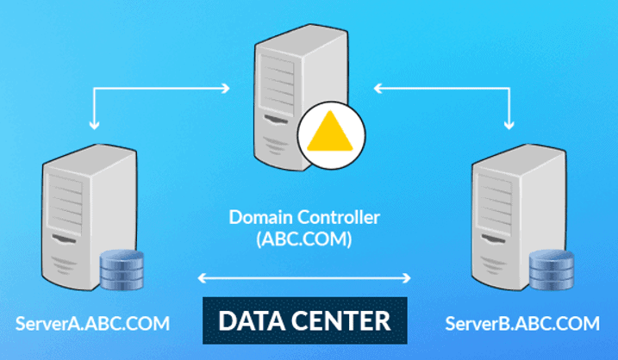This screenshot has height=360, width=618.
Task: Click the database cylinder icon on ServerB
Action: pos(552,273)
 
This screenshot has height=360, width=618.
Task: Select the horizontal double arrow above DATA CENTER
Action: pos(304,277)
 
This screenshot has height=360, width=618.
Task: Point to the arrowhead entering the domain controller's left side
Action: pos(226,86)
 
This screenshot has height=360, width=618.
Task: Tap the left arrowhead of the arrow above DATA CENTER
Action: pos(203,277)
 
